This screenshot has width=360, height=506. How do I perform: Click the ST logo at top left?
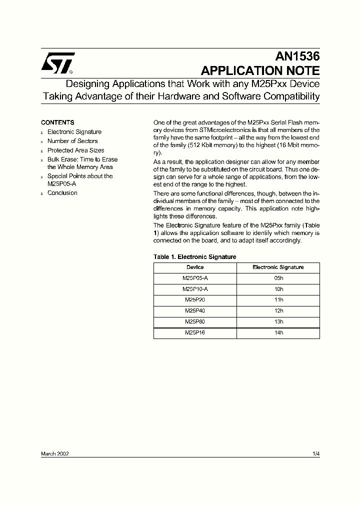coord(57,62)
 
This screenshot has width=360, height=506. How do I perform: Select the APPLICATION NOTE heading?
coord(260,70)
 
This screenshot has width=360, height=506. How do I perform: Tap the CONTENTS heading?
coord(57,122)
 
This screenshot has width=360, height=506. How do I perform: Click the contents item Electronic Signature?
coord(74,132)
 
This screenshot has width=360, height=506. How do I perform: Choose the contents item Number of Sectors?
coord(72,141)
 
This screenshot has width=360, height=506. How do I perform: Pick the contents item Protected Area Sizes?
coord(75,150)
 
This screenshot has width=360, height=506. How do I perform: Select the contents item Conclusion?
coord(62,193)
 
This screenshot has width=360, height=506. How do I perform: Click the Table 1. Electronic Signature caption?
coord(194,257)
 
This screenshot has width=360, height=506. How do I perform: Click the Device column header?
coord(195,267)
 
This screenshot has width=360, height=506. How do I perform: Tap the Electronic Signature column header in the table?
coord(278,267)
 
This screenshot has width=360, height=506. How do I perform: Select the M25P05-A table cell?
coord(195,278)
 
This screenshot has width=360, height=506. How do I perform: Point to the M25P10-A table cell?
coord(195,289)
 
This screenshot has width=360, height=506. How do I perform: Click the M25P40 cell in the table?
coord(195,311)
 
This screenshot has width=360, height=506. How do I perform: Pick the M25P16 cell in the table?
coord(195,333)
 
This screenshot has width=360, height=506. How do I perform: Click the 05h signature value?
coord(278,278)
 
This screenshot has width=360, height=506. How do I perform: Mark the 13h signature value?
coord(278,322)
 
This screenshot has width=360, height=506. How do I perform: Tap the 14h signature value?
coord(278,333)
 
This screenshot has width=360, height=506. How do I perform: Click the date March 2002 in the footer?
coord(54,453)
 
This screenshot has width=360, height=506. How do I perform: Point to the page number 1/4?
coord(315,453)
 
